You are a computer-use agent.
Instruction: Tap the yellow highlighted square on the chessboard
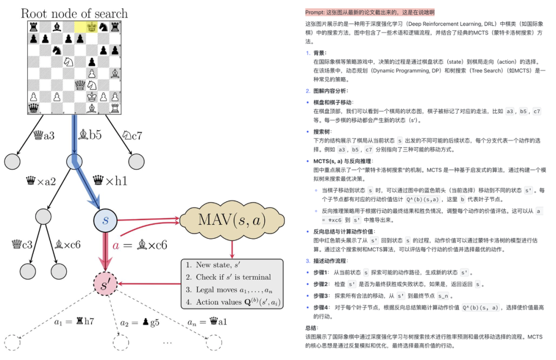pos(81,26)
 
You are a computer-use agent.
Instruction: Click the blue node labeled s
pos(106,220)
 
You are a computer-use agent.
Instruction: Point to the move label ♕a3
pos(42,136)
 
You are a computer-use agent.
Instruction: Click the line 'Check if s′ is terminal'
pos(229,277)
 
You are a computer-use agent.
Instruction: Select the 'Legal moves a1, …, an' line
pos(230,289)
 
